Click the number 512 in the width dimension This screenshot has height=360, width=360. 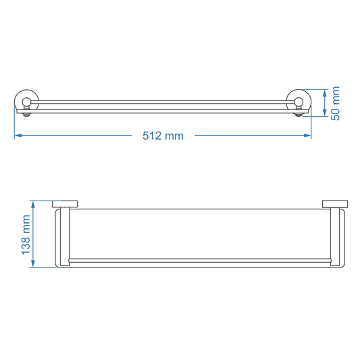coord(152,136)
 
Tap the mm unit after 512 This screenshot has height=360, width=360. coord(174,136)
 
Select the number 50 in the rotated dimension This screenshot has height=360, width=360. coord(335,113)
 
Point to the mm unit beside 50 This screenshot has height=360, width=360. coord(335,95)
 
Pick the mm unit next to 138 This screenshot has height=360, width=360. coord(26,224)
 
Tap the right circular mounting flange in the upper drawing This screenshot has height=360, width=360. coord(298,102)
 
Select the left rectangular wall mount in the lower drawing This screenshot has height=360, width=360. coord(65,203)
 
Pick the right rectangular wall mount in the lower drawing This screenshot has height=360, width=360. coord(334,203)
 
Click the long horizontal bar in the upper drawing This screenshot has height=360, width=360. coord(162,103)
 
